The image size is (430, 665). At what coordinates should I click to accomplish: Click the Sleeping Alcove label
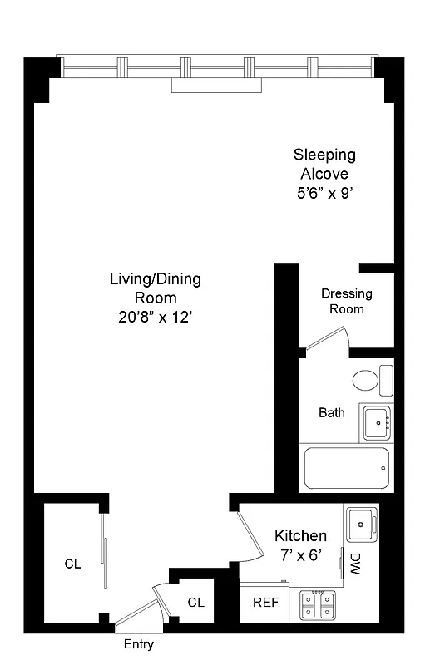click(324, 164)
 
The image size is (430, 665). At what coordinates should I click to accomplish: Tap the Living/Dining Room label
click(156, 288)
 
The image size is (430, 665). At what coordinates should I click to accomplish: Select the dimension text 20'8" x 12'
click(156, 316)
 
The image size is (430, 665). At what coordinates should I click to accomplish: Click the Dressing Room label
click(347, 301)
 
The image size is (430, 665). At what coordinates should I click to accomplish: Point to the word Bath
click(332, 413)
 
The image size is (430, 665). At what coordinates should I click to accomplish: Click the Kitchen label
click(300, 536)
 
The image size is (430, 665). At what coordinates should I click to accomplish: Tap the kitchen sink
click(363, 522)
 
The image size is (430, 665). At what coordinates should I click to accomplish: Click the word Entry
click(138, 644)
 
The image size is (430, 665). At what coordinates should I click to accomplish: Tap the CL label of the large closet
click(73, 564)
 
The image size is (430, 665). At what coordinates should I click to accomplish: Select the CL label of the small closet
click(195, 602)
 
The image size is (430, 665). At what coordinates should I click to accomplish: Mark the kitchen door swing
click(246, 536)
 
